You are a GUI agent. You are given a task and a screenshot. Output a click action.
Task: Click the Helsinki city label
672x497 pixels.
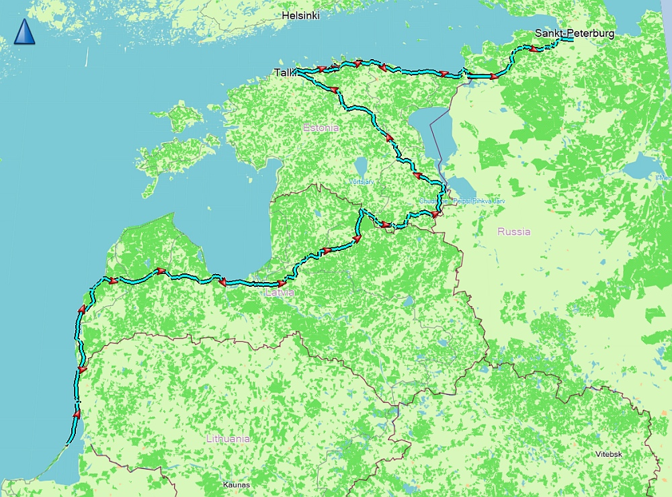tap(300, 15)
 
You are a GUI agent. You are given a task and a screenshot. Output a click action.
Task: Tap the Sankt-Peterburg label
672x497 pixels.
tap(574, 33)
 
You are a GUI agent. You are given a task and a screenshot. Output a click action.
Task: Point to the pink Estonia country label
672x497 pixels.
tap(321, 128)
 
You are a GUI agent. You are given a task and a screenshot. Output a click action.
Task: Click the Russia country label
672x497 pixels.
tap(513, 232)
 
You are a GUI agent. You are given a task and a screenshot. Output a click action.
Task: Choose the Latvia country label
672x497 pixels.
tap(280, 293)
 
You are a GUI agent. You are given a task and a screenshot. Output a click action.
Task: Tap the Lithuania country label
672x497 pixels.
tap(228, 439)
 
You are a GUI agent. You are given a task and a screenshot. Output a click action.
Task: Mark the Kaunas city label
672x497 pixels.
tap(237, 484)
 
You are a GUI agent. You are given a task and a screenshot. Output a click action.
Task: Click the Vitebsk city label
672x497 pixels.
tap(608, 454)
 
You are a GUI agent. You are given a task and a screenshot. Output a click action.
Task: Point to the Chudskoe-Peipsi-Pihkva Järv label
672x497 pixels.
tap(461, 201)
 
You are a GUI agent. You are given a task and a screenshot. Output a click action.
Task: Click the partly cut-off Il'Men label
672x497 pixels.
tap(663, 178)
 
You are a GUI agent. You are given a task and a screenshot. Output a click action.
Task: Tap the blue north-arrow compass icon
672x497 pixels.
tap(24, 32)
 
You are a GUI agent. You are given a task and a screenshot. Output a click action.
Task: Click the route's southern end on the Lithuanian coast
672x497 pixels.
tap(68, 443)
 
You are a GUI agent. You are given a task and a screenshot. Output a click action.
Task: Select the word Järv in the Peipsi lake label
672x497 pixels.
tap(497, 201)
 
